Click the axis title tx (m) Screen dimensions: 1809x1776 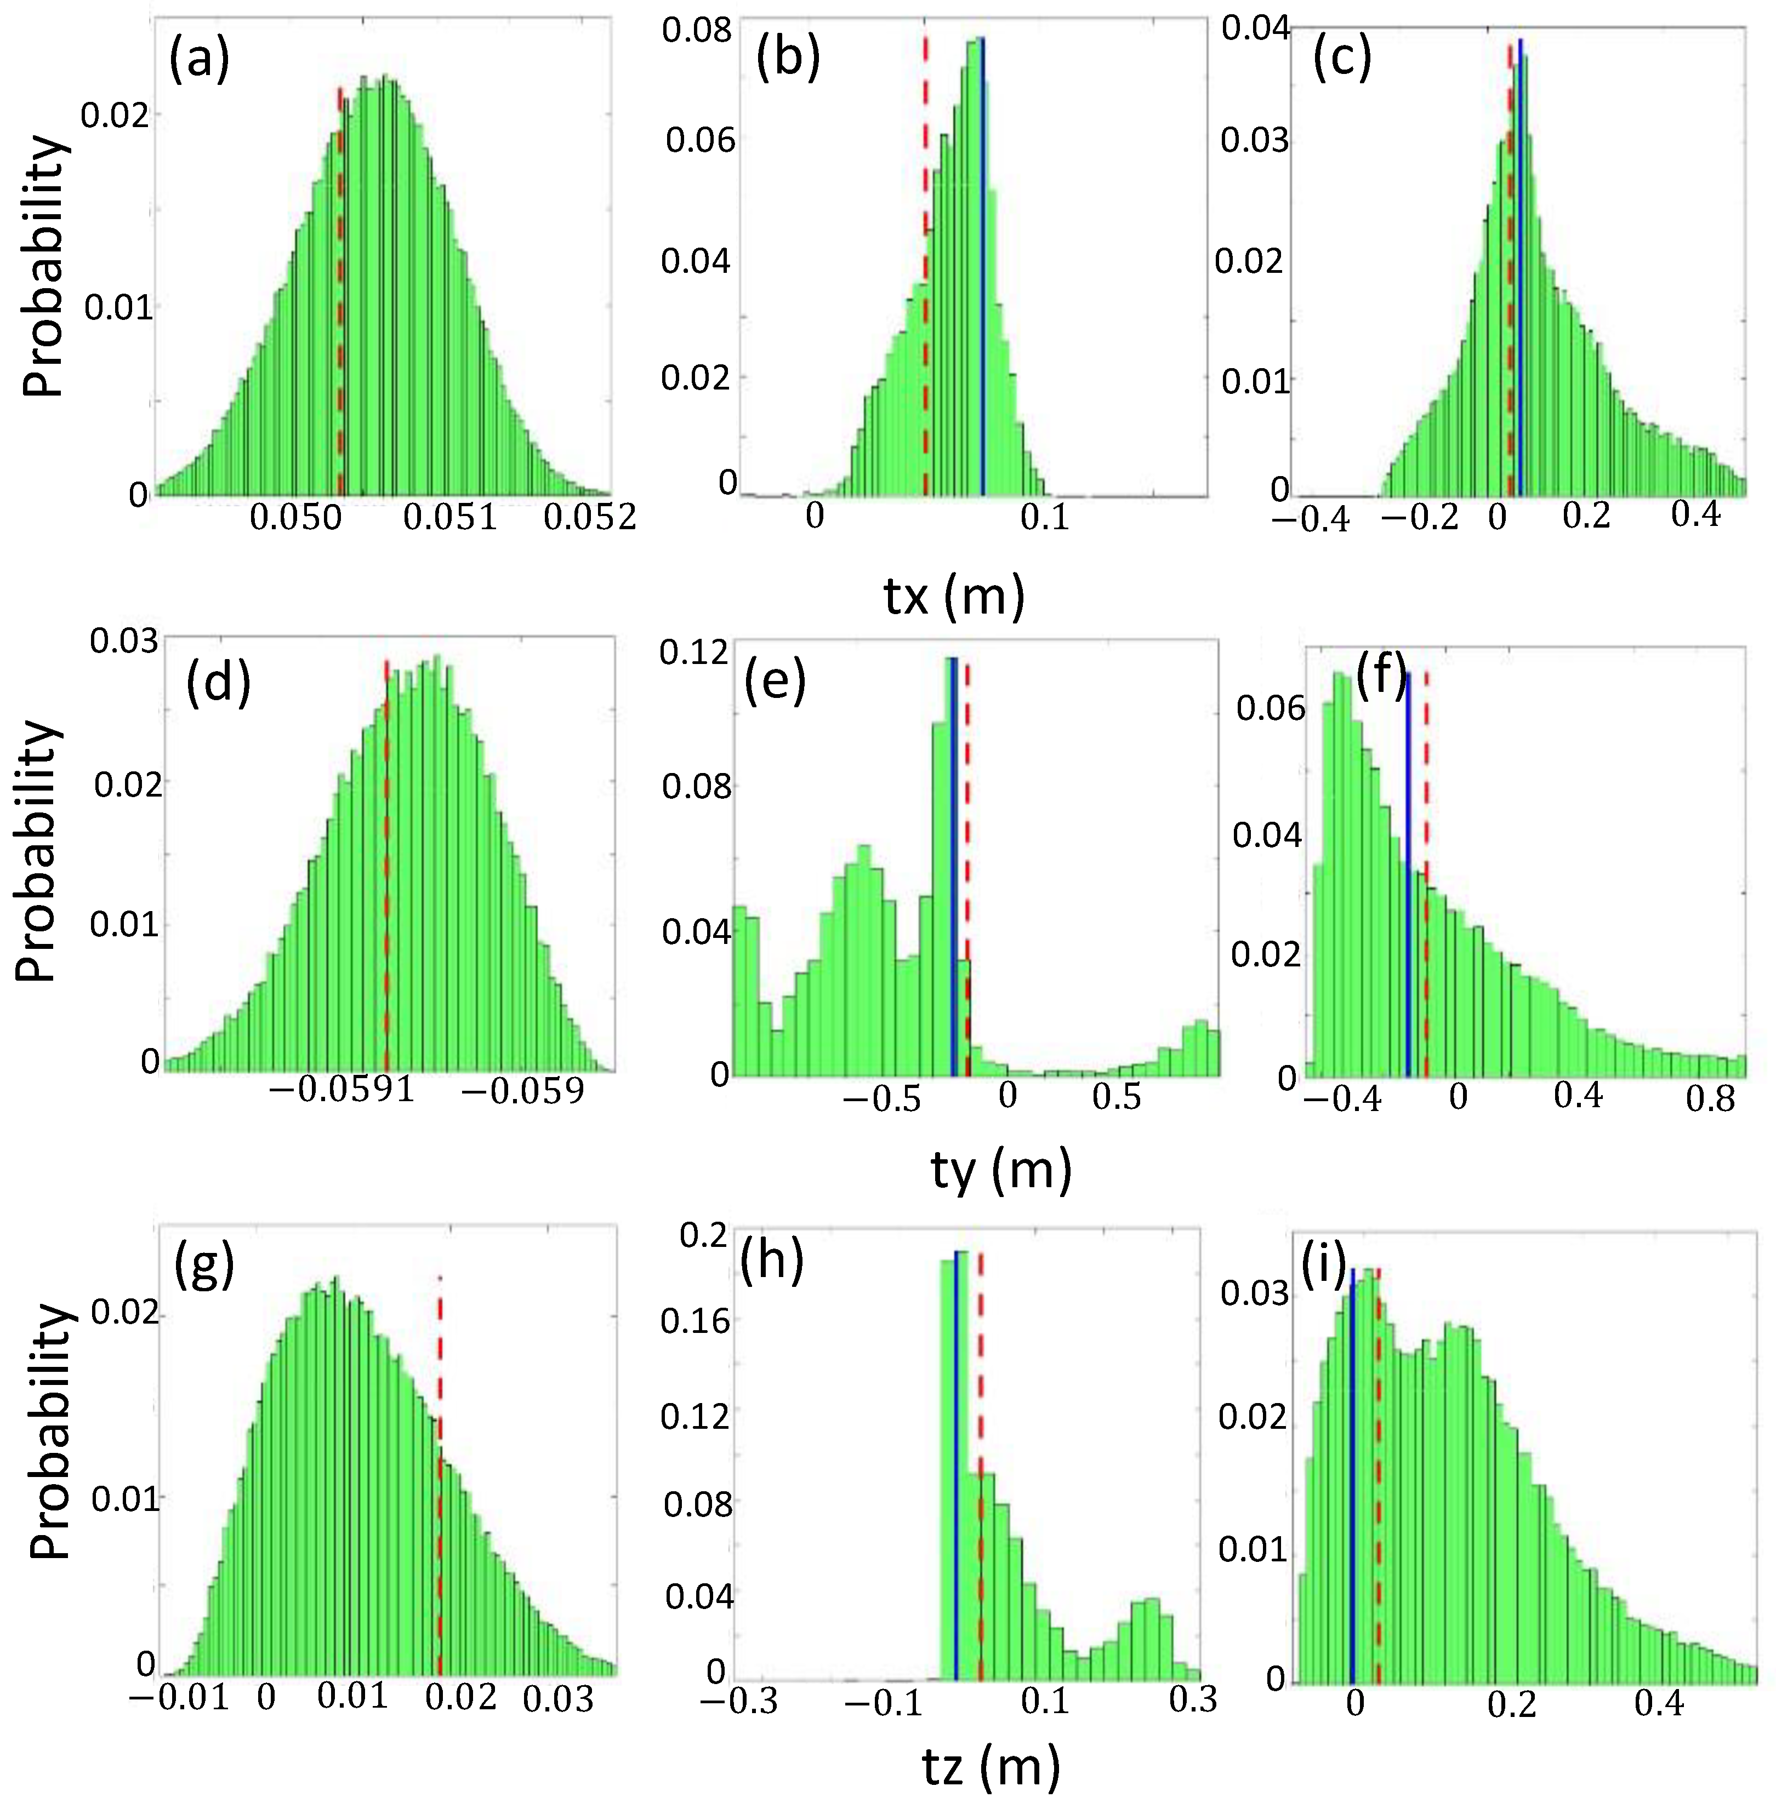[953, 596]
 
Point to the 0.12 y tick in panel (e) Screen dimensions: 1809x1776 [693, 652]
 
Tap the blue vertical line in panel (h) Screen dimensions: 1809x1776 [955, 1492]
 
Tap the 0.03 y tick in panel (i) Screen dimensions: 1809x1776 [1243, 1292]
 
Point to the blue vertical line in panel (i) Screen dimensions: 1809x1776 [1352, 1492]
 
